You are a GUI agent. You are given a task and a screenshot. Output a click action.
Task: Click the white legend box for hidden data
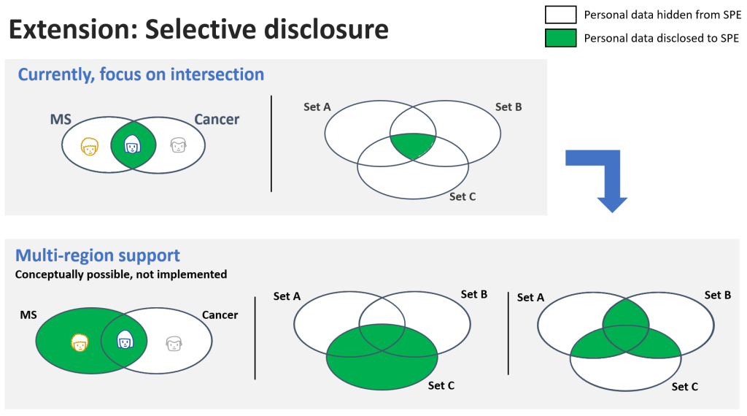click(560, 15)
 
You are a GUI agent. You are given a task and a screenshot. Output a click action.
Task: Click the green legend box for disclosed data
click(560, 38)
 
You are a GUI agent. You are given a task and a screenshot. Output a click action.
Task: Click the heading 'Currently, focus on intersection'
click(141, 74)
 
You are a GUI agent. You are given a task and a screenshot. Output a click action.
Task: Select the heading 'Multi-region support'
click(98, 256)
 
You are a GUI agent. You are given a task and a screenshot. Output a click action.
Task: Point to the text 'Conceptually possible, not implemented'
click(121, 274)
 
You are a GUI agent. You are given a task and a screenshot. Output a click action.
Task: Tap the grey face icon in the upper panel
click(178, 146)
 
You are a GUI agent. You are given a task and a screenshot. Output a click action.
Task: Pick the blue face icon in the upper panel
click(133, 146)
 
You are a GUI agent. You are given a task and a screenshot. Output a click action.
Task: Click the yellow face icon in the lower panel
click(79, 341)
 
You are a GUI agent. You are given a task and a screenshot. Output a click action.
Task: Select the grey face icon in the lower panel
click(173, 342)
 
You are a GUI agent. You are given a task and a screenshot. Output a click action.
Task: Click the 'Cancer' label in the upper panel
click(217, 119)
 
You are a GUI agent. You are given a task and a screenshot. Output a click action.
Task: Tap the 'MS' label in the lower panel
click(28, 315)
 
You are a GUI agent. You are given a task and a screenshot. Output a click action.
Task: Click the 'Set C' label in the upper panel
click(462, 196)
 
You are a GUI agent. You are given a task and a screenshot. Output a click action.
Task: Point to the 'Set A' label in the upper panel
click(317, 107)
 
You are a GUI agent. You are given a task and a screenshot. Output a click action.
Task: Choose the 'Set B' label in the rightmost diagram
click(718, 295)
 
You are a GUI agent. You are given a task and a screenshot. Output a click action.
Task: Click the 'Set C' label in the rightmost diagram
click(685, 387)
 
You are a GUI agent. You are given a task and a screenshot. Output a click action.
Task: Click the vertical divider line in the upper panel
click(271, 143)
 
